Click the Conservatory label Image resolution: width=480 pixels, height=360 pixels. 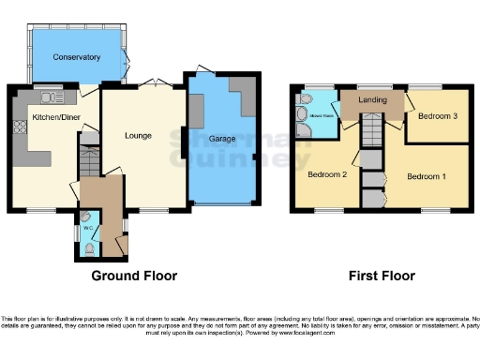(77, 57)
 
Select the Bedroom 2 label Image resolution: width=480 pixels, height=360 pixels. (328, 174)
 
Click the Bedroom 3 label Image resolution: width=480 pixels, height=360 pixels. (438, 117)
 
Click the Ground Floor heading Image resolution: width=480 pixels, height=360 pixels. (134, 277)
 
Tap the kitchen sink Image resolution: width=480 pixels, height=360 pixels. (49, 96)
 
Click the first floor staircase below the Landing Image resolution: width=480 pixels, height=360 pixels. (371, 130)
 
